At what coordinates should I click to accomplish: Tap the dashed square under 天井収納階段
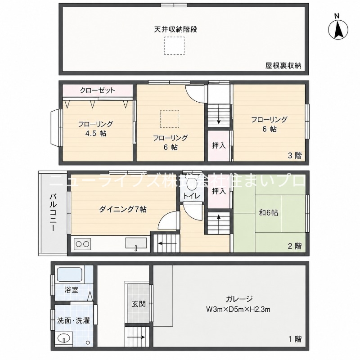(x=174, y=46)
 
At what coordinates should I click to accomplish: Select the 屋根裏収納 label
(x=283, y=66)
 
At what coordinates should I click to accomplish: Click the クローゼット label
(x=97, y=90)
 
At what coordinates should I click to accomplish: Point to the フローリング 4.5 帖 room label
(x=95, y=129)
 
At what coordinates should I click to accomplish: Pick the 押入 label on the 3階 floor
(x=219, y=145)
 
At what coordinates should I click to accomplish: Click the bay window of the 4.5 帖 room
(x=56, y=127)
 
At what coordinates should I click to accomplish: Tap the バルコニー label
(x=53, y=212)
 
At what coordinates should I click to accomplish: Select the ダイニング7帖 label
(x=123, y=209)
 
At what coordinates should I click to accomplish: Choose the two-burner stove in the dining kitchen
(x=82, y=244)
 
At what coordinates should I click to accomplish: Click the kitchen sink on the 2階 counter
(x=136, y=243)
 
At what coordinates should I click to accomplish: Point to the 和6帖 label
(x=268, y=213)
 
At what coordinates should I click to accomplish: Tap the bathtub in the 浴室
(x=69, y=274)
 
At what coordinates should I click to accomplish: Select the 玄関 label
(x=139, y=304)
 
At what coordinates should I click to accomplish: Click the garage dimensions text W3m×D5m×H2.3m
(x=238, y=310)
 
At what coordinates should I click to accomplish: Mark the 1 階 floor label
(x=295, y=339)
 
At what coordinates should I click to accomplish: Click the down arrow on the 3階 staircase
(x=219, y=114)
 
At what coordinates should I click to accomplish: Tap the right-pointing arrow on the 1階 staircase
(x=135, y=337)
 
